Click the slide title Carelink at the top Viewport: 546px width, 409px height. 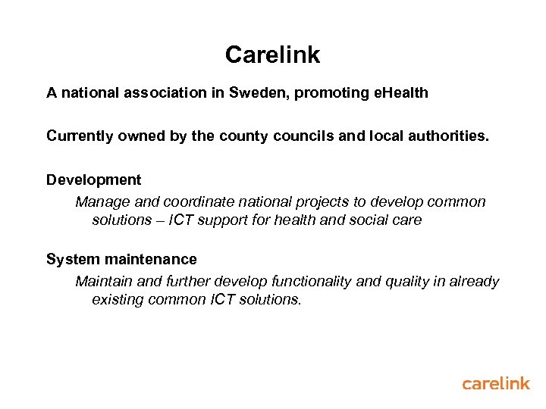click(272, 55)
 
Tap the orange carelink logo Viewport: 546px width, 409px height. click(496, 383)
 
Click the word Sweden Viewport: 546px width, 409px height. click(259, 93)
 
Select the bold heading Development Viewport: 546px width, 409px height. click(93, 180)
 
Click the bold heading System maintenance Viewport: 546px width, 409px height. click(121, 260)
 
